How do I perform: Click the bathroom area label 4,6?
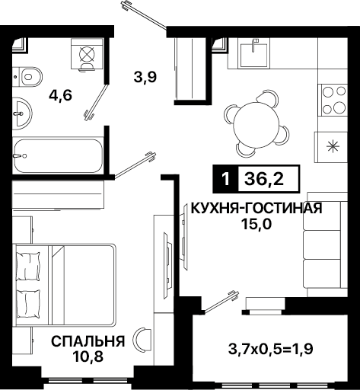[x=61, y=96]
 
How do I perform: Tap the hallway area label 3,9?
[x=145, y=77]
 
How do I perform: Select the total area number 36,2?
[x=264, y=179]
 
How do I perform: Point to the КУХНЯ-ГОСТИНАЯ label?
[x=256, y=209]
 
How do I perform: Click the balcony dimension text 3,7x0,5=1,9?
[x=271, y=349]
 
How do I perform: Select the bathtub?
[x=58, y=156]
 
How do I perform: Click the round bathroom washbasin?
[x=22, y=113]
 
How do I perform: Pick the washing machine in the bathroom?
[x=87, y=55]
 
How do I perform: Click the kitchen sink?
[x=253, y=55]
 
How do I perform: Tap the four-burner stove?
[x=333, y=99]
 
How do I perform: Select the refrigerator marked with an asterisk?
[x=331, y=147]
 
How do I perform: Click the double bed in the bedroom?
[x=65, y=285]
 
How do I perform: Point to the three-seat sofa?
[x=326, y=245]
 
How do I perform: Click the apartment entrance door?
[x=144, y=14]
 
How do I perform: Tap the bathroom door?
[x=97, y=102]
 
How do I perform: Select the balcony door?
[x=221, y=302]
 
